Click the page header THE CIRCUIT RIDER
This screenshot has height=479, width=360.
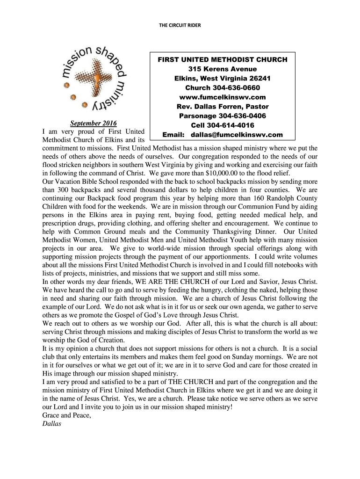180,25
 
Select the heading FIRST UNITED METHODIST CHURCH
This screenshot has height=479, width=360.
222,60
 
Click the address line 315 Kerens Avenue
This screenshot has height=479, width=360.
222,69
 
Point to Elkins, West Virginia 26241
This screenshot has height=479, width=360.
222,79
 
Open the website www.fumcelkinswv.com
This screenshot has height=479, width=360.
222,97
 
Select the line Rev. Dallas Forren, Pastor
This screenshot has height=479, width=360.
222,107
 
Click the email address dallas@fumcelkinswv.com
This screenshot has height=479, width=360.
237,135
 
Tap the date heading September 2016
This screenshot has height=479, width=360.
93,123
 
